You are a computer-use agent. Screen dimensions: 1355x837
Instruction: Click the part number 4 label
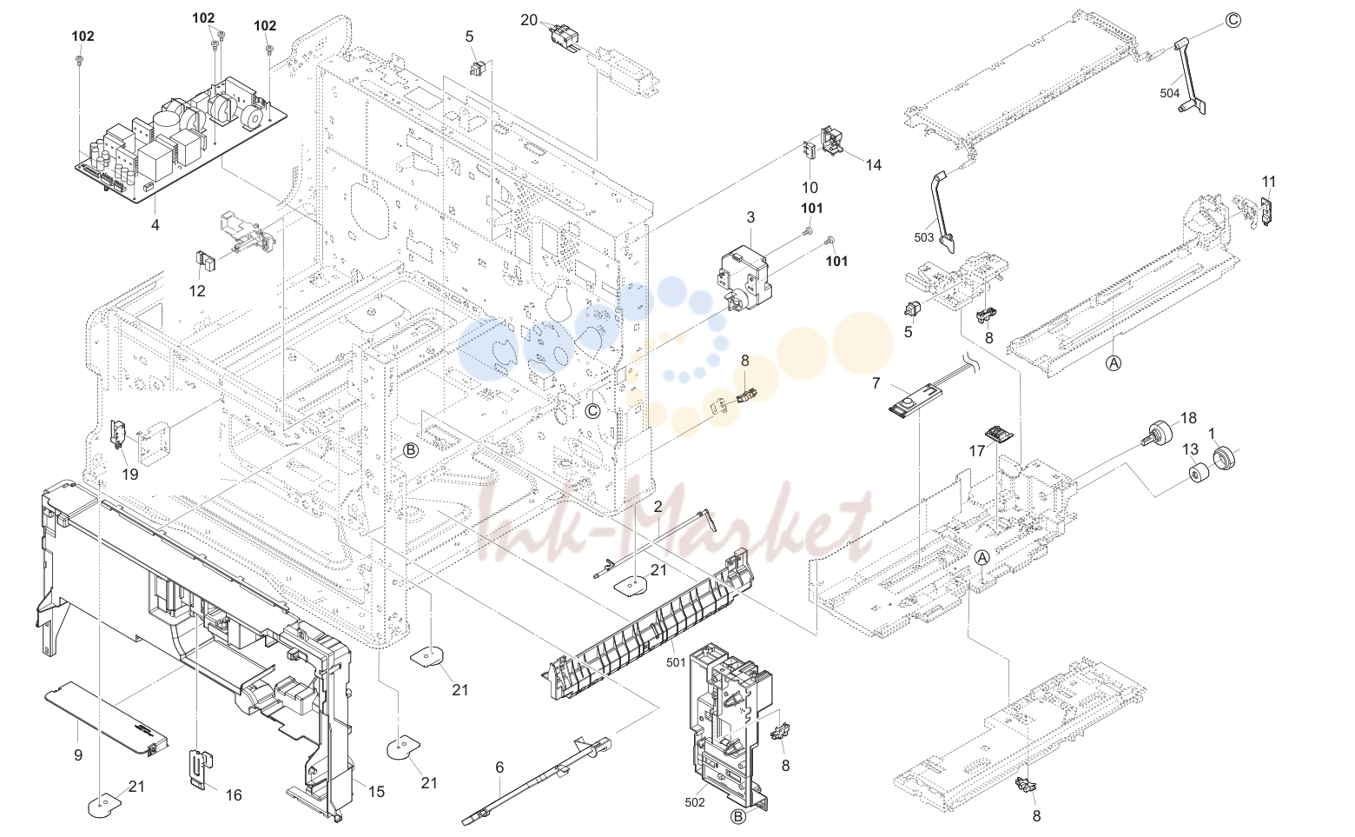(x=155, y=225)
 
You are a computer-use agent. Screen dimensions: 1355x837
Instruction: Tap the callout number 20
(x=529, y=21)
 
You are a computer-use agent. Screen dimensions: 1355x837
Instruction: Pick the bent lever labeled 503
(x=943, y=211)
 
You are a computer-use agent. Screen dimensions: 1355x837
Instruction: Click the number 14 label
(x=874, y=164)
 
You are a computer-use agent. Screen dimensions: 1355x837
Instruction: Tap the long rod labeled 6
(x=537, y=781)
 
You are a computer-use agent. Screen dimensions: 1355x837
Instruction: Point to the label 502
(x=695, y=802)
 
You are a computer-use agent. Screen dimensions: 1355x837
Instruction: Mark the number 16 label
(x=234, y=795)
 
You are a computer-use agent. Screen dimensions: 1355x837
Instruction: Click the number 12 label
(x=197, y=291)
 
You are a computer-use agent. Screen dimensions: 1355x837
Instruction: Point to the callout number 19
(x=130, y=475)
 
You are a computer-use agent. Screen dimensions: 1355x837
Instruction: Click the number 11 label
(x=1269, y=182)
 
